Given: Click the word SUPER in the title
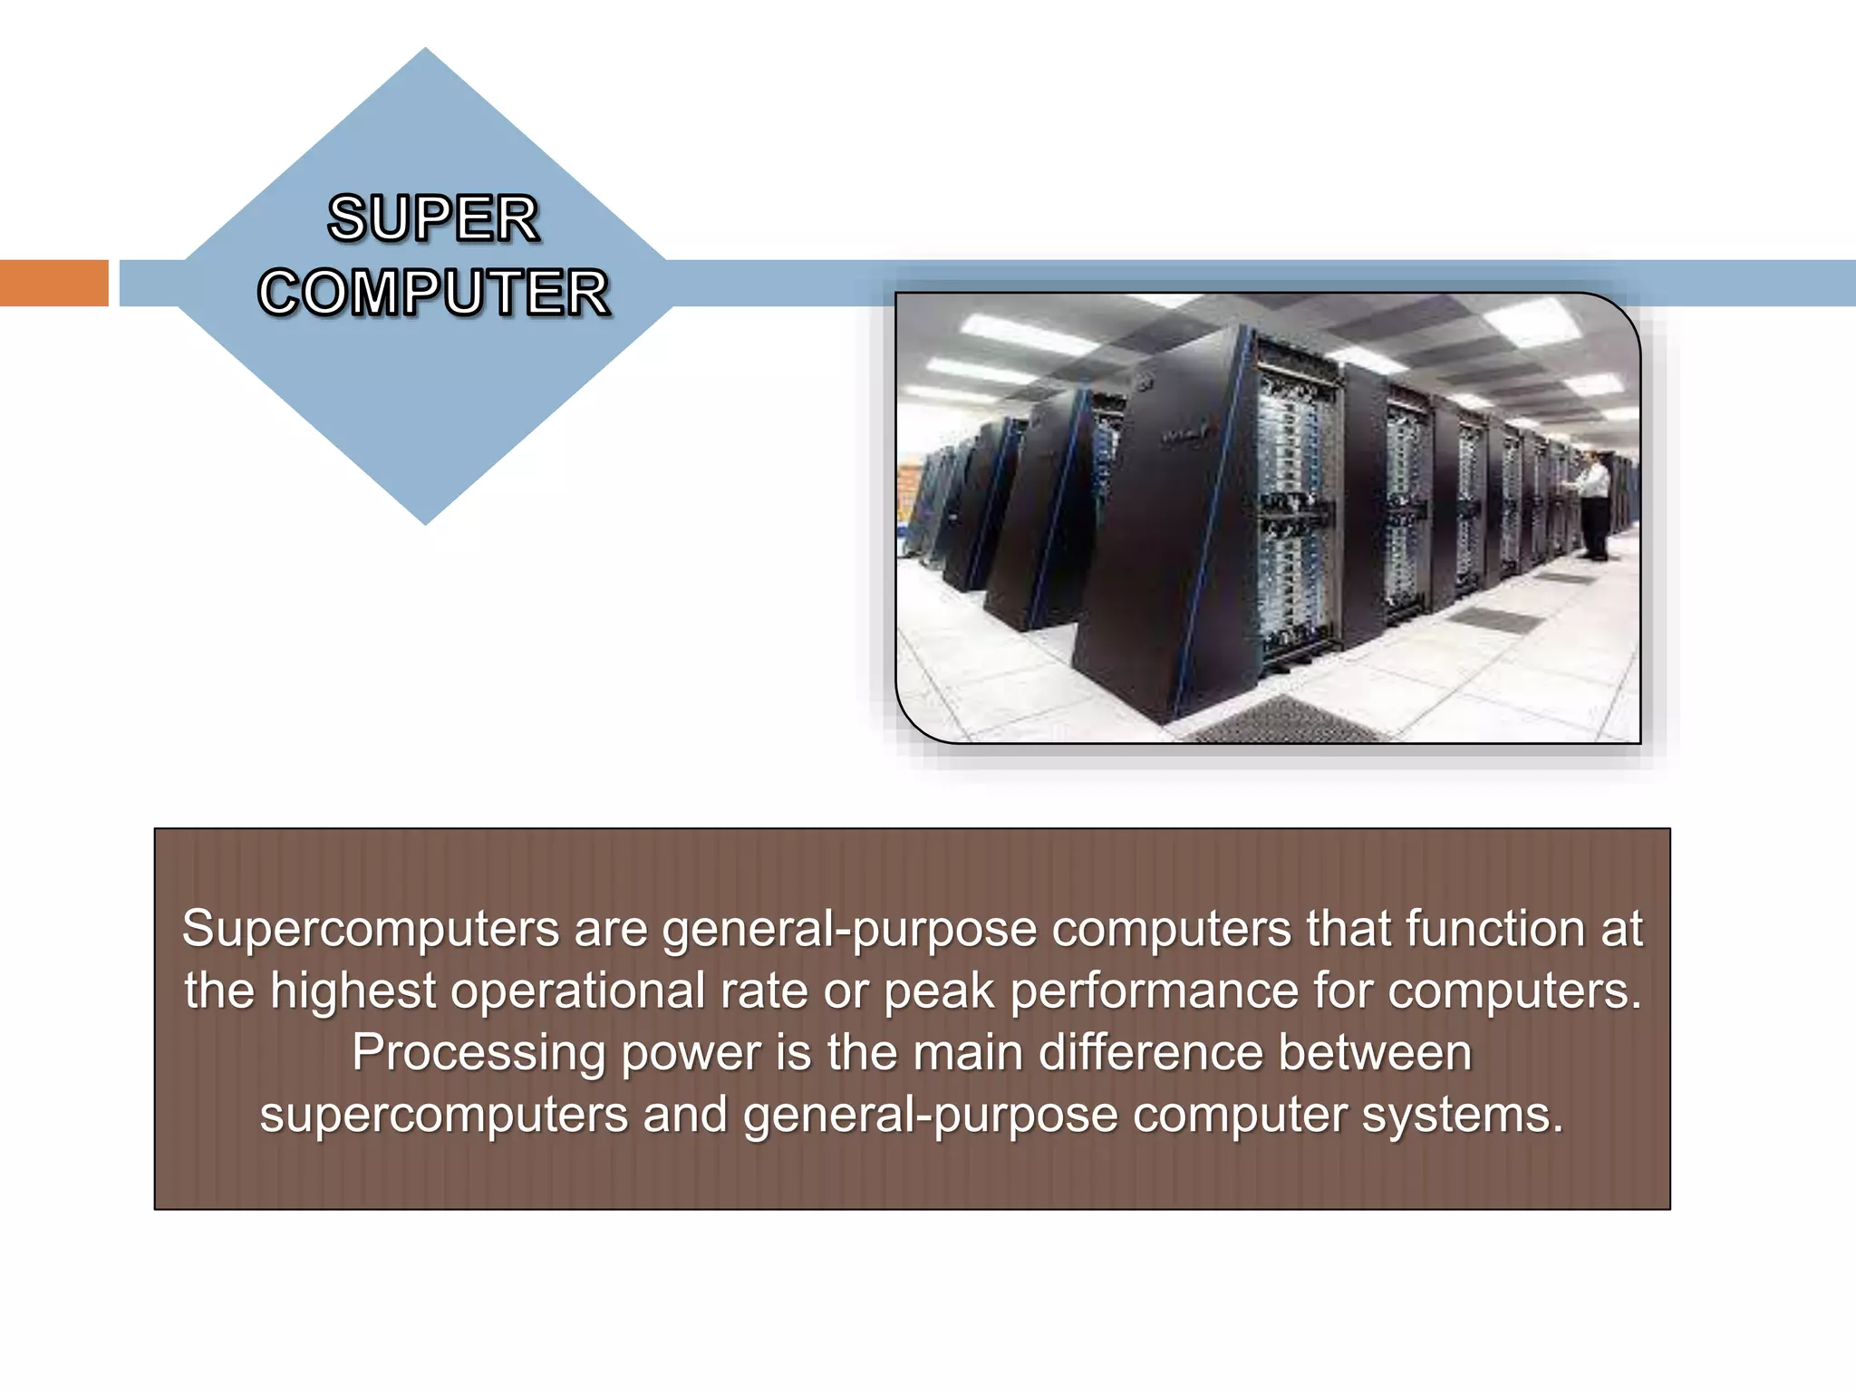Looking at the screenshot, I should point(433,218).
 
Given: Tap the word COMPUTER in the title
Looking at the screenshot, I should point(433,293).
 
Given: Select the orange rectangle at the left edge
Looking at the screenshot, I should point(53,283).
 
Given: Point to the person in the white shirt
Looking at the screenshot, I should point(1593,503).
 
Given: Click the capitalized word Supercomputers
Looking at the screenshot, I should point(370,930).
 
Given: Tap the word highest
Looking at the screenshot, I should point(353,990).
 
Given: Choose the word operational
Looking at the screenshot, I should point(577,990).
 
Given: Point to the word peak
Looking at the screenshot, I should point(938,991).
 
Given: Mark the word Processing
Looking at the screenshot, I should point(478,1053).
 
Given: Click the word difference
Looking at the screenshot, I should point(1149,1053).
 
